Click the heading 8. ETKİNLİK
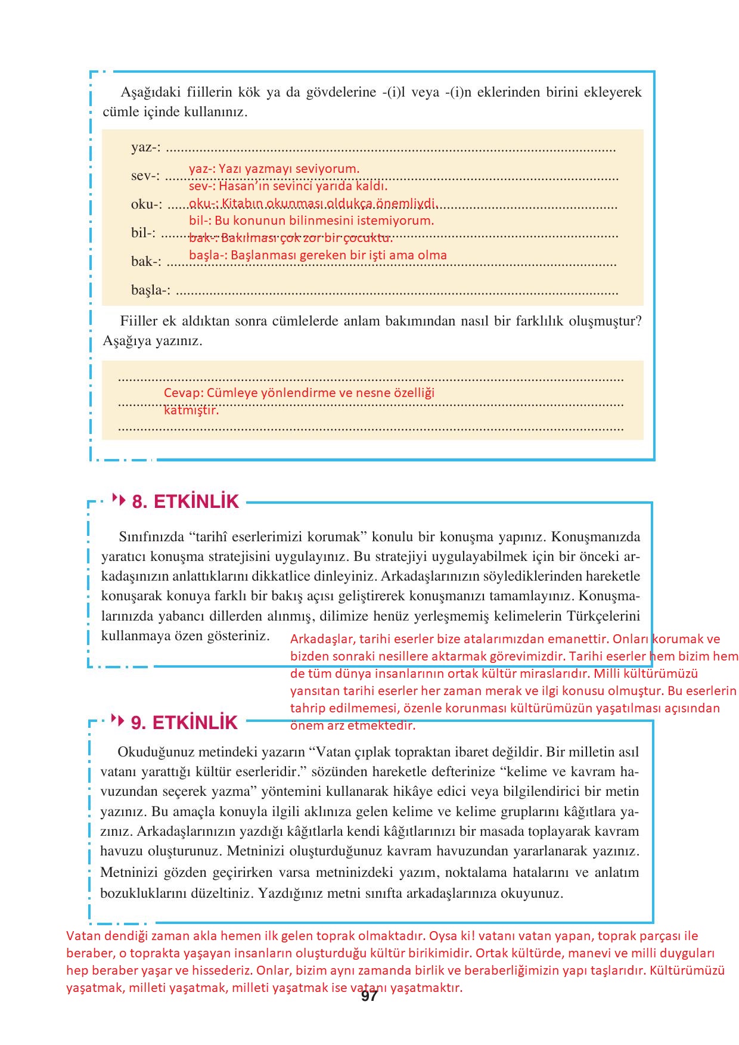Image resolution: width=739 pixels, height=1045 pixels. coord(185,502)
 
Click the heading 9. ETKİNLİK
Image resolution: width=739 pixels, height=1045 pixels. coord(184,722)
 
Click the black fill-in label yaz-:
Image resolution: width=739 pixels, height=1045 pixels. coord(146,147)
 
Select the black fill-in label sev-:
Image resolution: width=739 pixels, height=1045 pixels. coord(145,176)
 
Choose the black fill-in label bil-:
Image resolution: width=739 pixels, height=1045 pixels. coord(144,232)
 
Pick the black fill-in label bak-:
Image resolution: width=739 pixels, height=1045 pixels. coord(146,261)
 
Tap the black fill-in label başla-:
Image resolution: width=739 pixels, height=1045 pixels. coord(151,290)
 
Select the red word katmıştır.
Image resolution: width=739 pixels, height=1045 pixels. coord(191,410)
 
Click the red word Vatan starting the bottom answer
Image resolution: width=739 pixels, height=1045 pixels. coord(83,936)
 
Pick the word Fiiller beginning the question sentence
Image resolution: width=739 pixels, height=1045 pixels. coord(139,321)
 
